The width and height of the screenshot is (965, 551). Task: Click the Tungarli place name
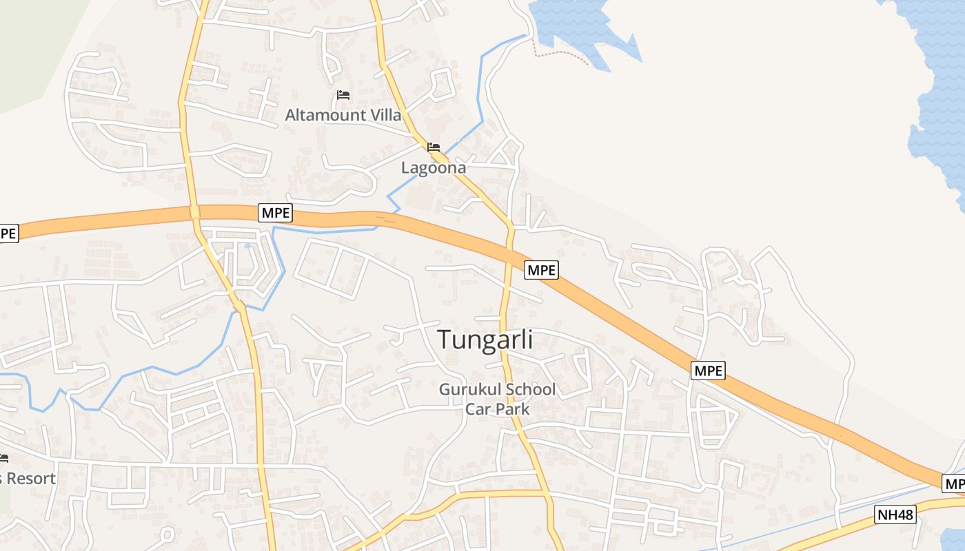click(485, 339)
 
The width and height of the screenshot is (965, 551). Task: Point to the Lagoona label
click(434, 167)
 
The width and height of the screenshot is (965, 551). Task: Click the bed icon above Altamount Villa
click(343, 95)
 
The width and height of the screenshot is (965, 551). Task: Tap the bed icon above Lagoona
click(434, 147)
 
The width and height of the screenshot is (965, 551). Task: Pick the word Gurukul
click(470, 390)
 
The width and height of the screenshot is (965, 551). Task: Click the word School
click(530, 390)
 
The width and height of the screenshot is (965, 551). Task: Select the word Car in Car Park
click(477, 409)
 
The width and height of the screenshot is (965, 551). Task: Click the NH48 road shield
click(895, 514)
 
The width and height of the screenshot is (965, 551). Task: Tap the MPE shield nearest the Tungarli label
click(541, 270)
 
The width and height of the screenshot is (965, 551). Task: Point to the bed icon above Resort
click(3, 458)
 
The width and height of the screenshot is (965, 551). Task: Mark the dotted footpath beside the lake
click(562, 53)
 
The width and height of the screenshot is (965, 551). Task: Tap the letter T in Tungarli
click(445, 339)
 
